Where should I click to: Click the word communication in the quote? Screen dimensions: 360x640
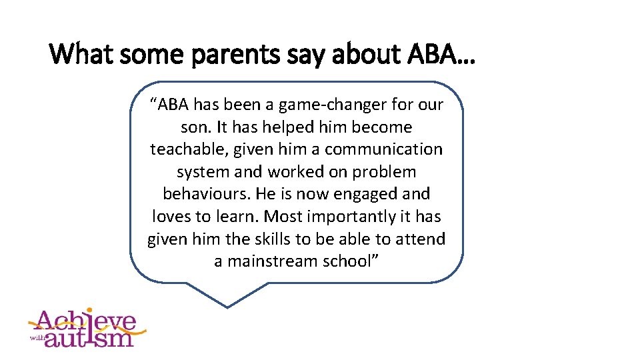[383, 149]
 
